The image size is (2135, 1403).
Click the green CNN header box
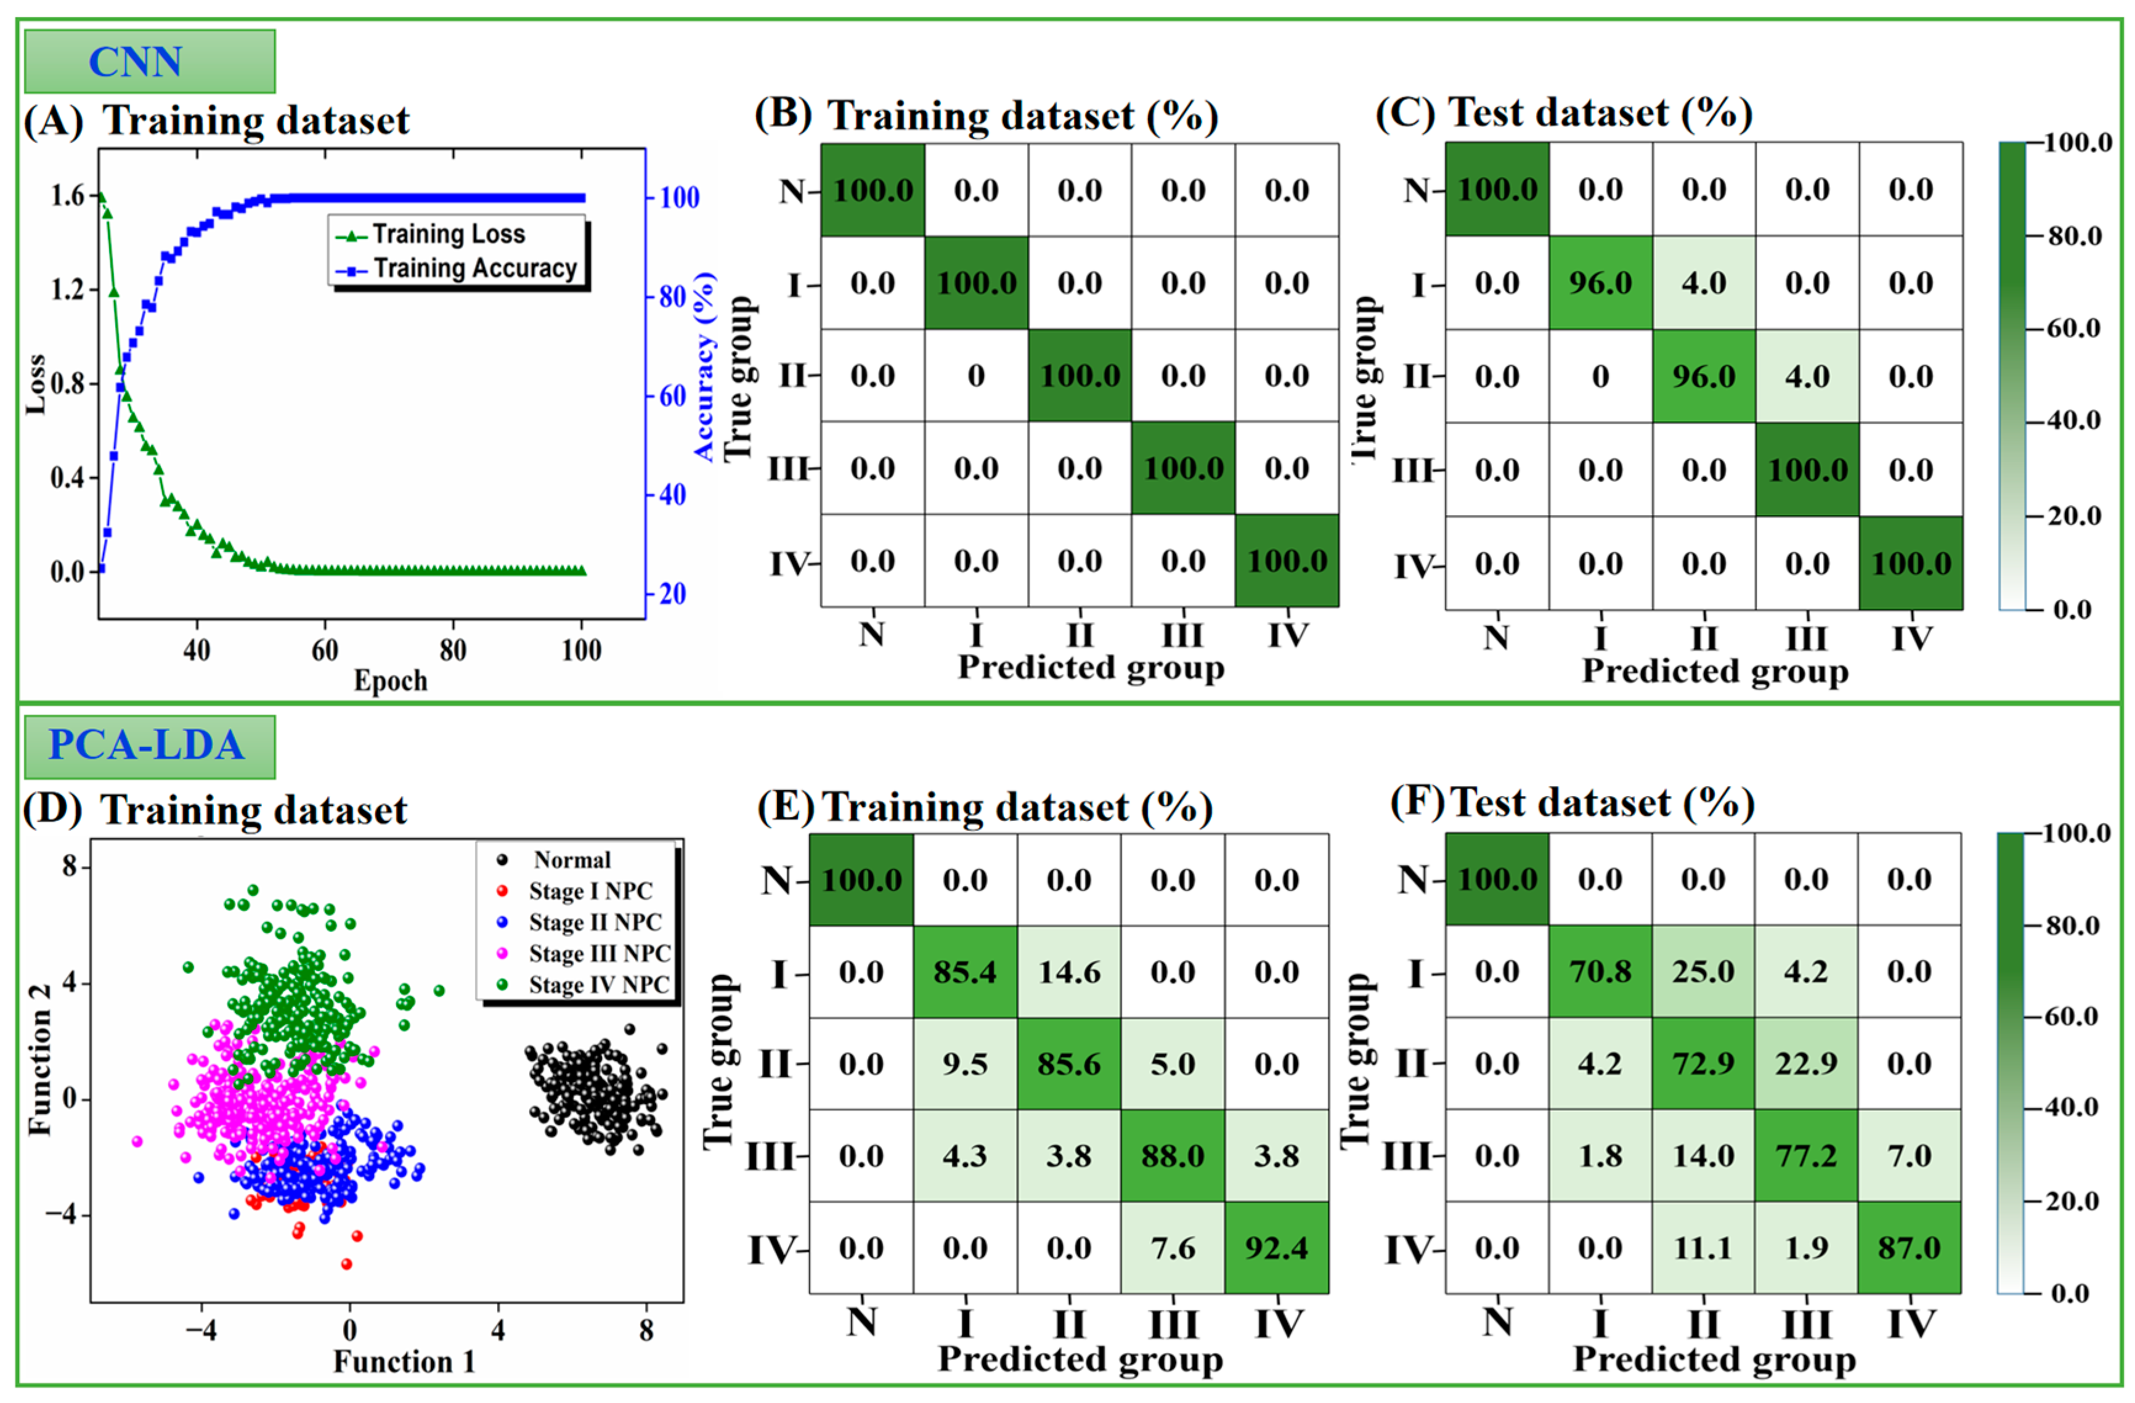click(x=149, y=61)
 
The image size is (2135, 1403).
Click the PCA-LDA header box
click(x=149, y=746)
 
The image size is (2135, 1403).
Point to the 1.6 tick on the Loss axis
click(x=67, y=195)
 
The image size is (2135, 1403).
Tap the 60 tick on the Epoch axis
click(x=325, y=649)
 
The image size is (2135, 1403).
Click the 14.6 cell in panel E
click(x=1068, y=972)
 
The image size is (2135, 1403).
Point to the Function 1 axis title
click(x=404, y=1362)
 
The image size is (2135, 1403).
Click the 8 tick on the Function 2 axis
click(x=69, y=866)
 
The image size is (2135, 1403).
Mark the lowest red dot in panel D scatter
click(x=346, y=1264)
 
